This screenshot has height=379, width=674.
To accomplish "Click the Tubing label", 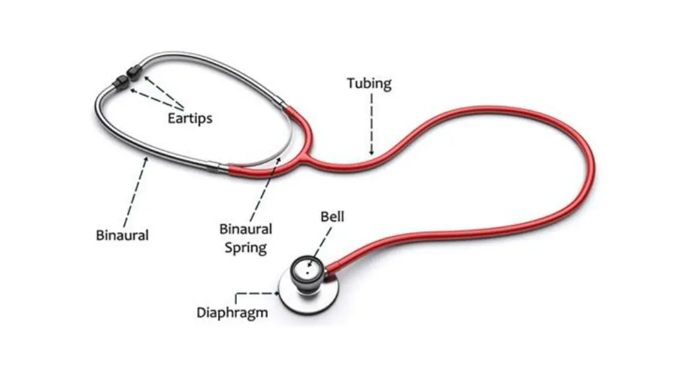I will [x=369, y=84].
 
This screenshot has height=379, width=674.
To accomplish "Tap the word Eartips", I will [x=190, y=119].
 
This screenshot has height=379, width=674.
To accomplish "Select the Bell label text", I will [x=332, y=216].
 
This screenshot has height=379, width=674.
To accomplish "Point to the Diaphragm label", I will [x=232, y=313].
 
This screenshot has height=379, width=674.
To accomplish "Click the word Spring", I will [x=246, y=247].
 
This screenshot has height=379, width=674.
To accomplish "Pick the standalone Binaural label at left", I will [x=122, y=235].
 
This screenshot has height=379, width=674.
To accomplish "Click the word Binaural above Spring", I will [x=246, y=230].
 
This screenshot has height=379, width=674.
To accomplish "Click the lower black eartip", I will [x=121, y=83].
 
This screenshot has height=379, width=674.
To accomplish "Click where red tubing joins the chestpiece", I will [x=331, y=267].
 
